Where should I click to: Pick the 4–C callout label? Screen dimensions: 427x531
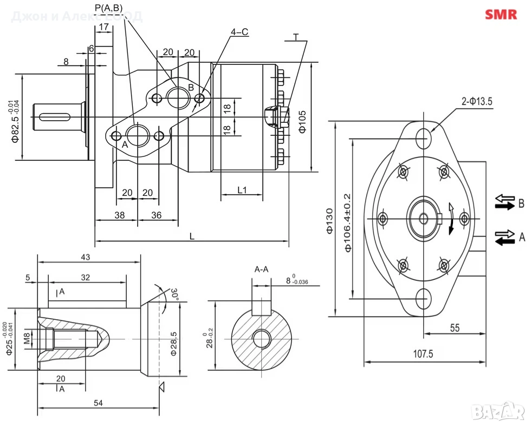239,32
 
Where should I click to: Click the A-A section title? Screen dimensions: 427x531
262,269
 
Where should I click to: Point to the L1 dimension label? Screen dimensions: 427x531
242,190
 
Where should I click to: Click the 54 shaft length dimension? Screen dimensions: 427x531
99,403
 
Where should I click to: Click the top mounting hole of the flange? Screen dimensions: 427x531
424,139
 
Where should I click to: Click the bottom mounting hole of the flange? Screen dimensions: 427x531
424,298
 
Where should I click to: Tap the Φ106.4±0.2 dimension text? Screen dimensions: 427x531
348,222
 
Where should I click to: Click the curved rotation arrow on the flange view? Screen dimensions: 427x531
451,219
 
